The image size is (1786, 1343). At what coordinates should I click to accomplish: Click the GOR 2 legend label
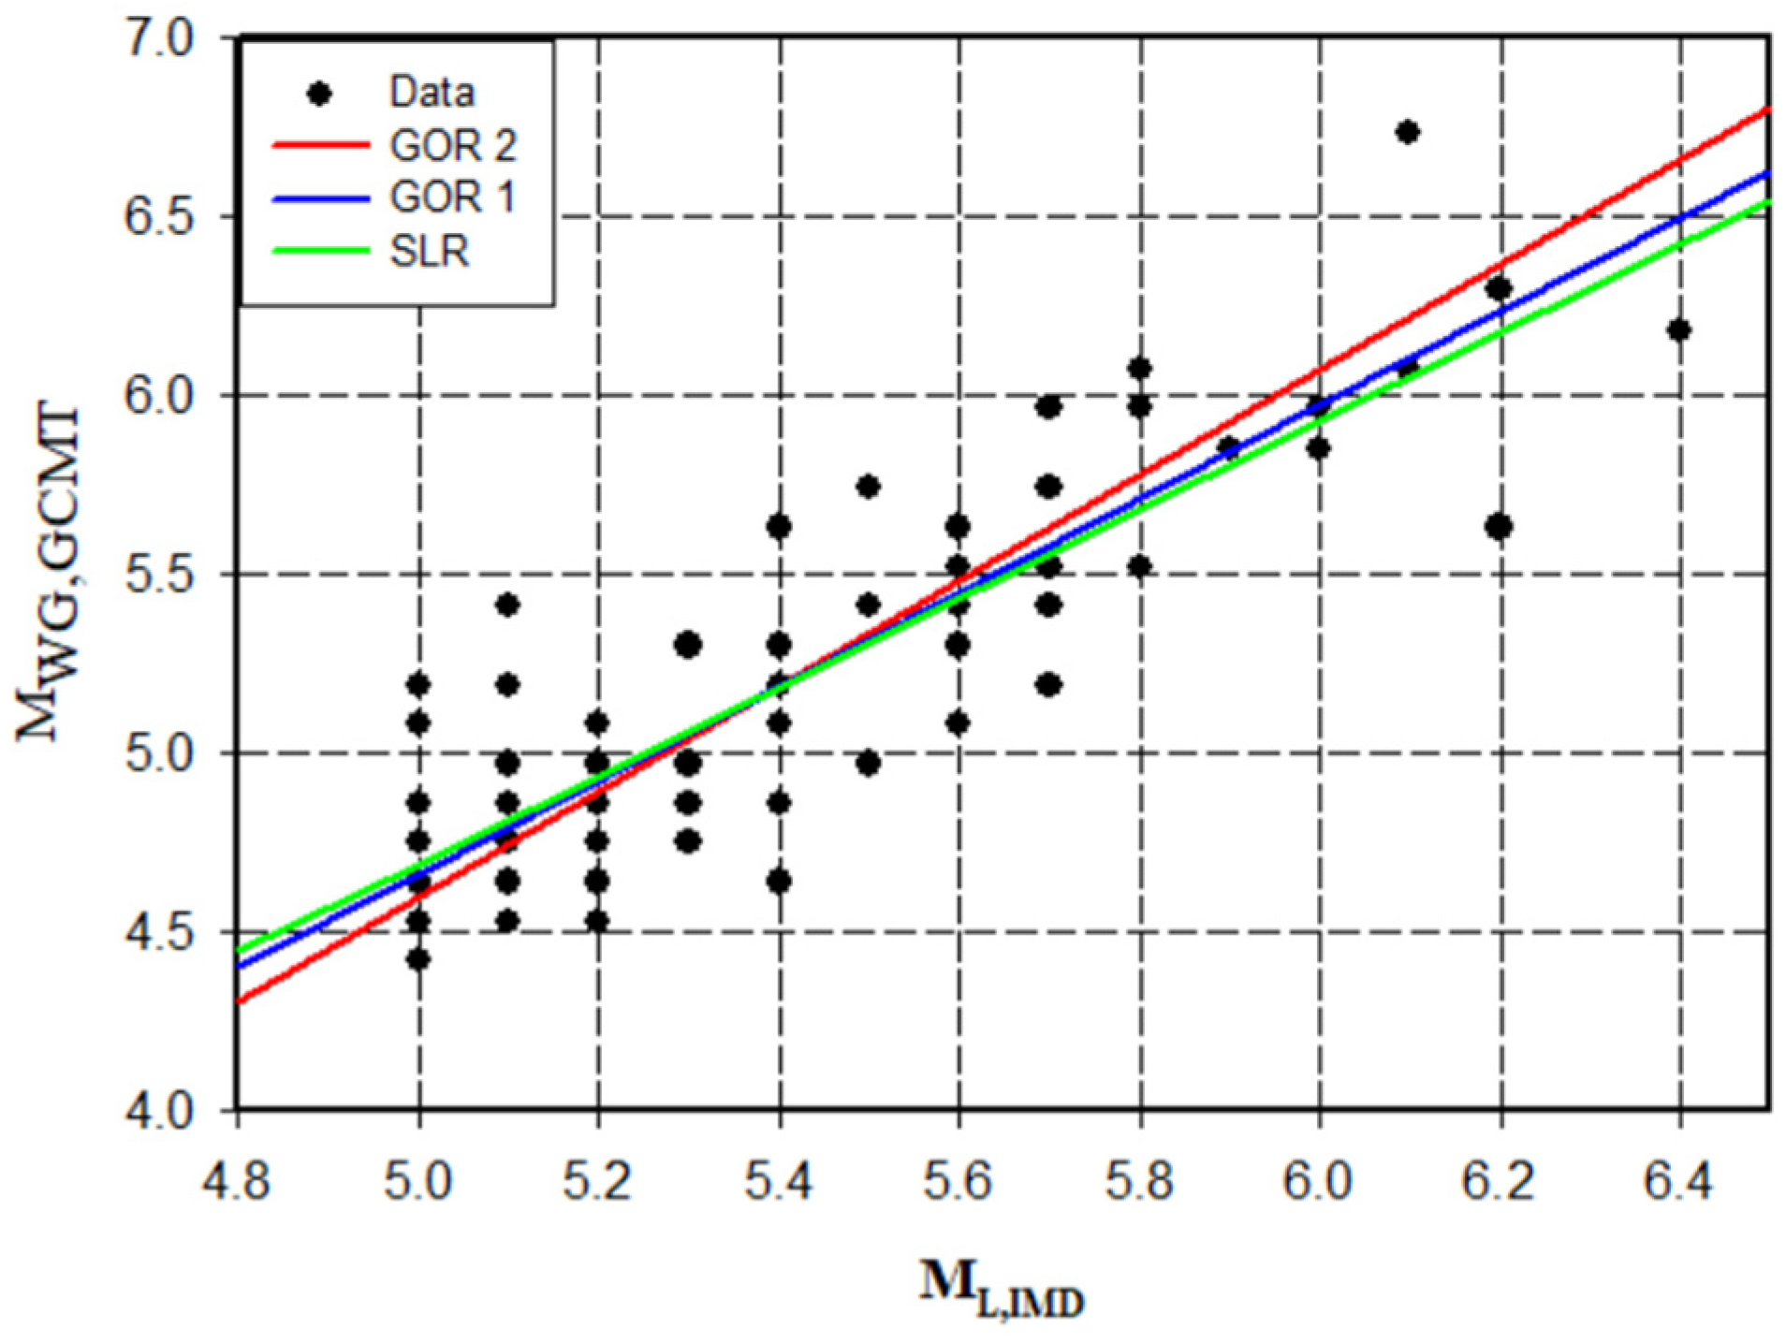click(452, 145)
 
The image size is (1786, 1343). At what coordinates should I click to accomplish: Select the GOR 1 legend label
click(452, 197)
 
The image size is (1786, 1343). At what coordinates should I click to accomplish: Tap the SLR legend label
click(430, 251)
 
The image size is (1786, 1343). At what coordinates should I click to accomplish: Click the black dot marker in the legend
click(320, 93)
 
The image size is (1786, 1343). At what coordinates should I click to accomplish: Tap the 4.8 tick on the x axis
click(238, 1182)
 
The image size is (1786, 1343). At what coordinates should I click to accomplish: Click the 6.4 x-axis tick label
click(1679, 1182)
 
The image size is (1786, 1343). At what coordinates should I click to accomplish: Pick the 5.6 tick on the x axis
click(958, 1182)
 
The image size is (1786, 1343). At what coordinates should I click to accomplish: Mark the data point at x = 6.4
click(1678, 329)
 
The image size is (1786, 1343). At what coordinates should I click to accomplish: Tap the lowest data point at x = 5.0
click(418, 959)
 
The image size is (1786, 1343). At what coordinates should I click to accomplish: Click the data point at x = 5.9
click(1228, 448)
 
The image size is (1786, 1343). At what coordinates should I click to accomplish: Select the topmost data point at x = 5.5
click(868, 486)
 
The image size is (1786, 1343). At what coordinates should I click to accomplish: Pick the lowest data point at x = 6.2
click(1499, 527)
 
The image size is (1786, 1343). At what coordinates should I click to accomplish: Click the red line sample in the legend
click(320, 145)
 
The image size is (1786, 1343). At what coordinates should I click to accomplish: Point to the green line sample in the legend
click(320, 251)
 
